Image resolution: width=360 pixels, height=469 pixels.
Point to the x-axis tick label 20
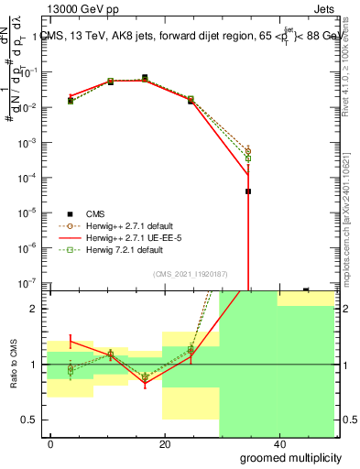pos(164,443)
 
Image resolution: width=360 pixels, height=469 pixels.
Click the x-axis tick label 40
pos(278,443)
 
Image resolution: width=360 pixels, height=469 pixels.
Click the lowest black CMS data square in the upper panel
pos(248,191)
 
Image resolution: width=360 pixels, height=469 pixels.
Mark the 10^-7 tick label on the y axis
pos(31,282)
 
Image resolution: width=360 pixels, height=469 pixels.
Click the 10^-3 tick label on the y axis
pos(31,143)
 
